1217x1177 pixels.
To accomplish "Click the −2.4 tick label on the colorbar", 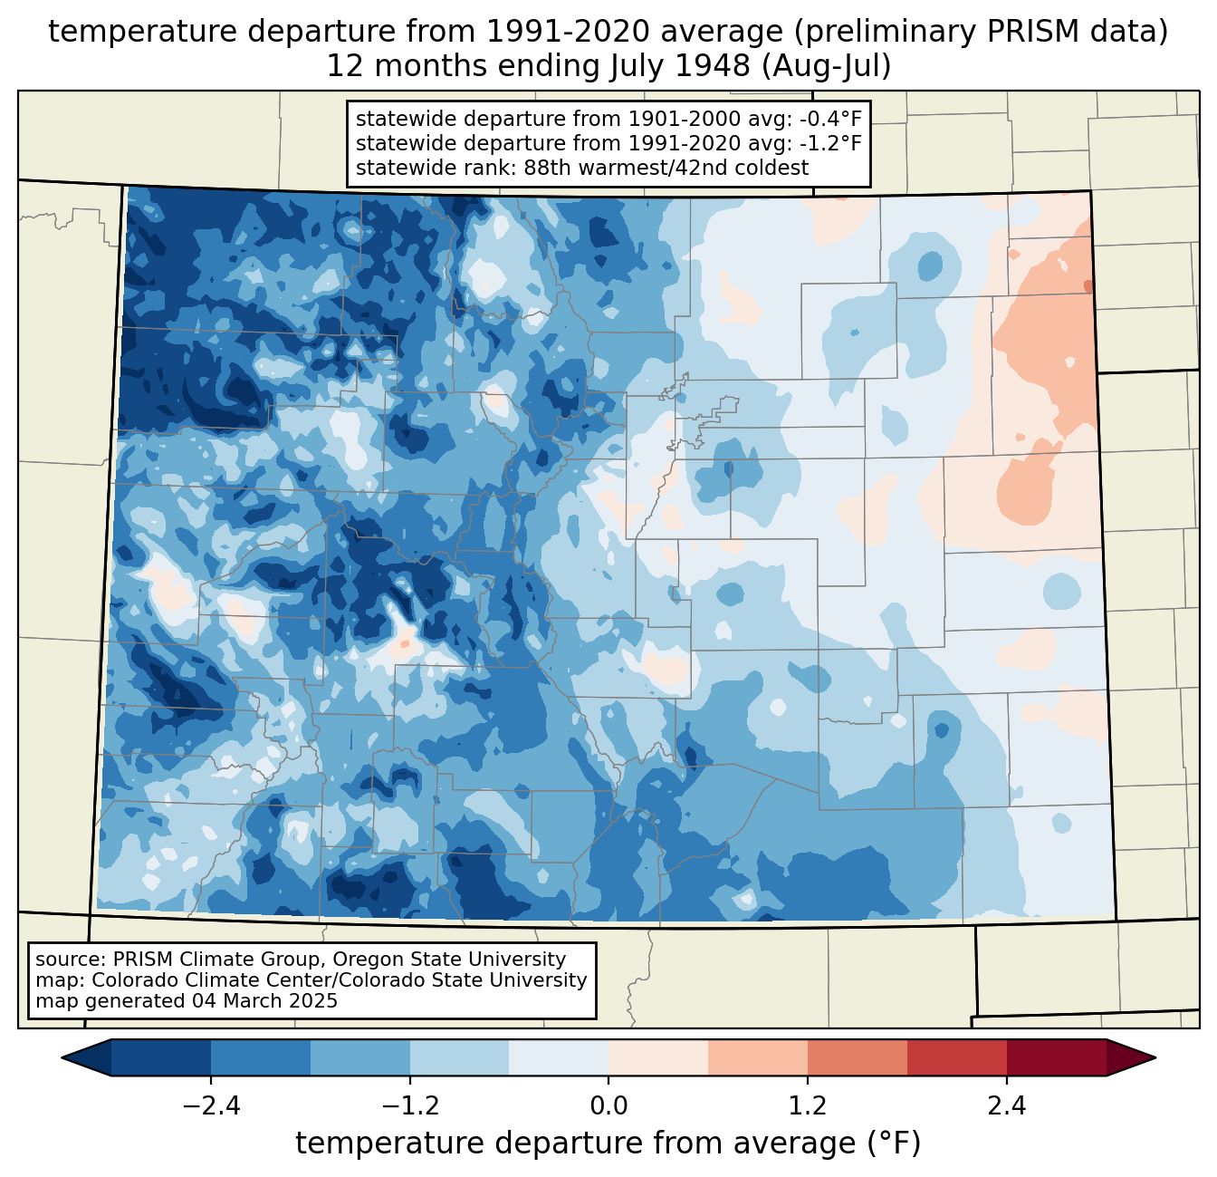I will point(211,1106).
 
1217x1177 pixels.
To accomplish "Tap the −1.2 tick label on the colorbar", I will point(409,1106).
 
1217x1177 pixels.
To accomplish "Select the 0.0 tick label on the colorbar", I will point(608,1106).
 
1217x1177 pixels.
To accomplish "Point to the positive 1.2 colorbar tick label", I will point(808,1106).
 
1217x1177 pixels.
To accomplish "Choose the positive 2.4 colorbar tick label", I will point(1006,1106).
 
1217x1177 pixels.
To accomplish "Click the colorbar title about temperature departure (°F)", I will point(608,1143).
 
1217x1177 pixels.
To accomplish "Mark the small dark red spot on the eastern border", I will point(1088,287).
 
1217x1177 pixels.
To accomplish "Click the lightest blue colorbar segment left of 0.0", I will point(559,1057).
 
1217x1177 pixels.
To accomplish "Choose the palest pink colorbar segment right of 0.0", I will point(658,1057).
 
